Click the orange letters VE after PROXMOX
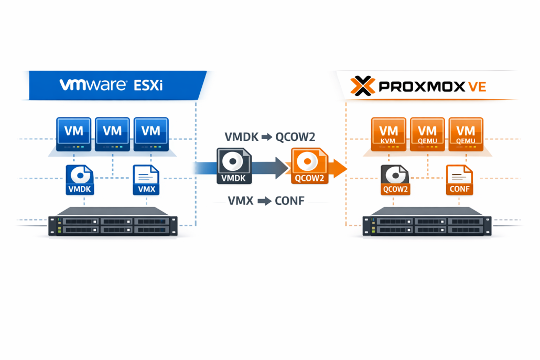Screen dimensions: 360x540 point(477,86)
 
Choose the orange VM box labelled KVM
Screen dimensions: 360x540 point(388,134)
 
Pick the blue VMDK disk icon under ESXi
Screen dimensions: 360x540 point(80,180)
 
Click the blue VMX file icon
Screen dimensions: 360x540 point(146,180)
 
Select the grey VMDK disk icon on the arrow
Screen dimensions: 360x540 point(234,166)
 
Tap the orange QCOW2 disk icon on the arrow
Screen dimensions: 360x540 point(309,166)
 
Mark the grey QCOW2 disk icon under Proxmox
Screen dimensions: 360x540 point(395,180)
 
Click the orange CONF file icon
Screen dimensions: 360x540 point(459,180)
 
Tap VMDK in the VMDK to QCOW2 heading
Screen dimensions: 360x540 point(241,137)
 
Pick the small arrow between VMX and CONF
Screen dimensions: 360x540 point(263,201)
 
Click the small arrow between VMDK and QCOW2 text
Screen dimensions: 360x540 point(267,137)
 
